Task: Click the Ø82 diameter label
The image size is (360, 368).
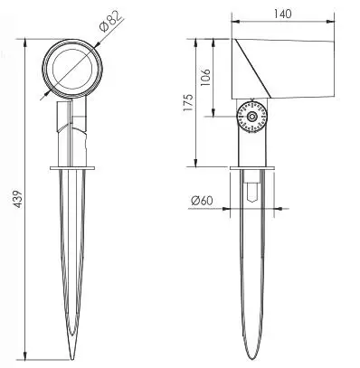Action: (111, 21)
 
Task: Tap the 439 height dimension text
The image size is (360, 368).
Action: (18, 199)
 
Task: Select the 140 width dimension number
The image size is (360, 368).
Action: (282, 14)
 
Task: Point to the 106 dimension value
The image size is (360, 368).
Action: (205, 78)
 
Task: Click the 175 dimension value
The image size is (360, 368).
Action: (188, 102)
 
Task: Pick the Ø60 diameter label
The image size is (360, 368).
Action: (202, 201)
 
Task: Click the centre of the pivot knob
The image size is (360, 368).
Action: (252, 117)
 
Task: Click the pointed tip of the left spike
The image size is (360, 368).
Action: (71, 359)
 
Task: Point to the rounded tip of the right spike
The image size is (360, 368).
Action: (252, 358)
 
